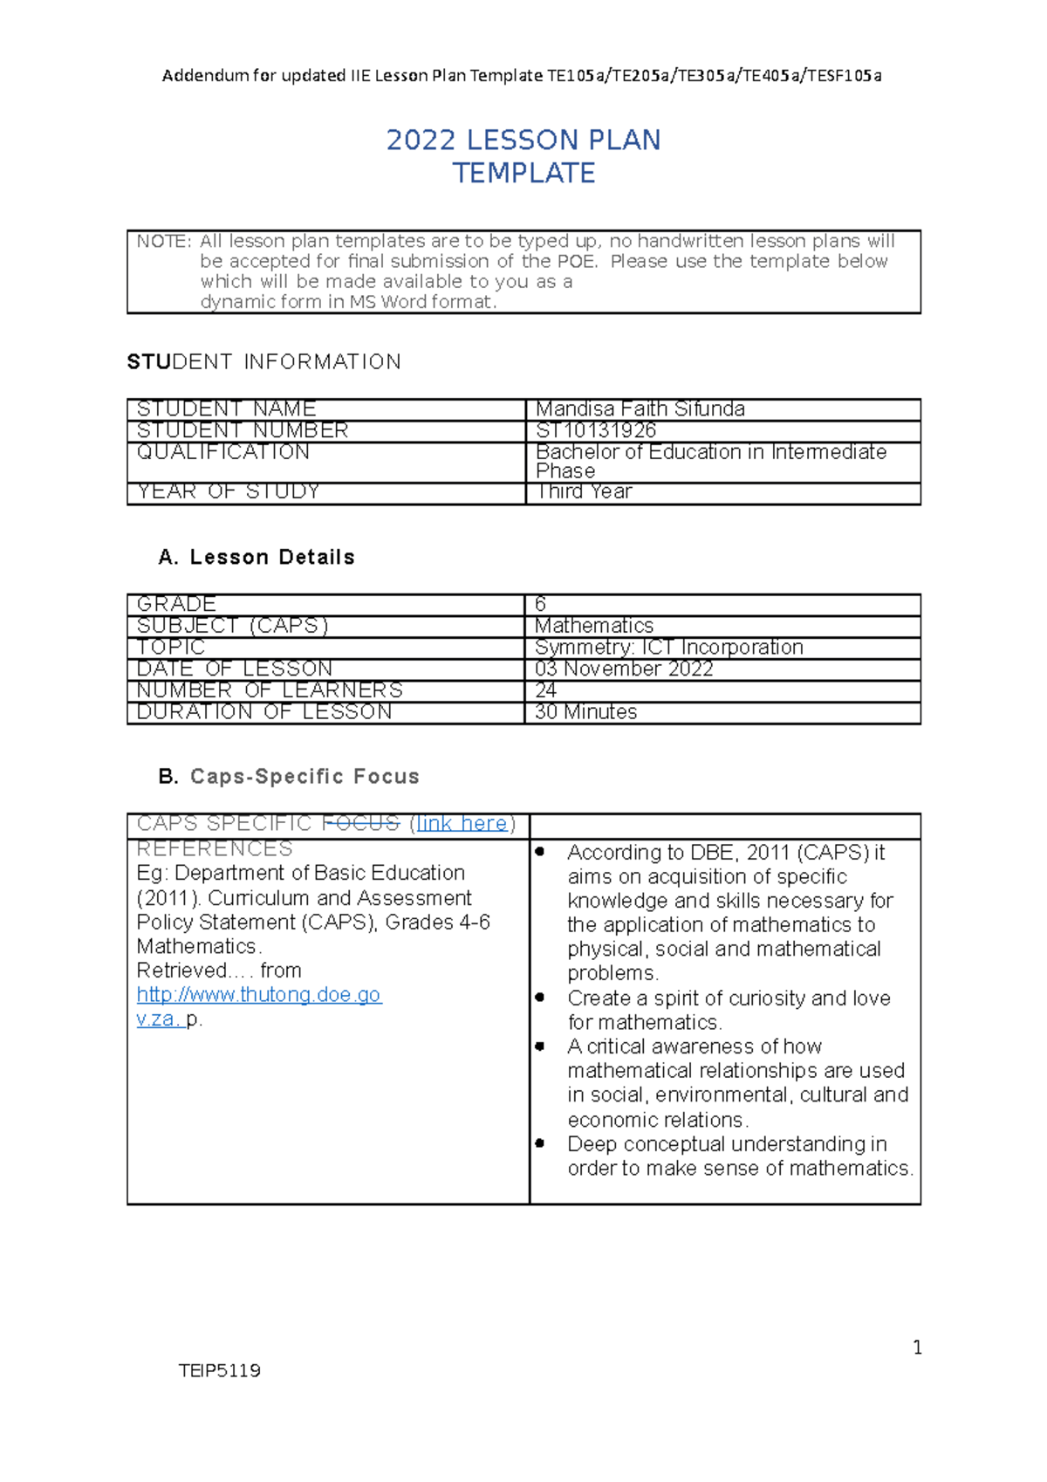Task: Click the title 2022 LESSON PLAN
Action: pos(523,141)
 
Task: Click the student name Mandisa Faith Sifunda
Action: pos(640,408)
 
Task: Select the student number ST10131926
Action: pos(596,430)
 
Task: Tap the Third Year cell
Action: pos(584,491)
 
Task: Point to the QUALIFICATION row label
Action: pos(223,452)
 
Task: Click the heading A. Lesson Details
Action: pos(257,558)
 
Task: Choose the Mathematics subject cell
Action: pos(593,626)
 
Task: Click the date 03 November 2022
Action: pos(624,669)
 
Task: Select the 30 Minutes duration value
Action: pos(585,712)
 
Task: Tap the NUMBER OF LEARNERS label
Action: pos(270,690)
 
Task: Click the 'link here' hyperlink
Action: pos(462,824)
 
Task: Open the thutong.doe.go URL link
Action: pos(258,995)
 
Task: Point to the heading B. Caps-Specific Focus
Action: pos(289,777)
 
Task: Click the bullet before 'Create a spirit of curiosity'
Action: pos(540,997)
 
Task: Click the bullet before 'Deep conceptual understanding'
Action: pos(540,1142)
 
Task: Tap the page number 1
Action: pos(917,1348)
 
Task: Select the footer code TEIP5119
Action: pos(219,1370)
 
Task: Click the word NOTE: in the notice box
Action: pos(163,242)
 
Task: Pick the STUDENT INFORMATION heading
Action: pos(263,362)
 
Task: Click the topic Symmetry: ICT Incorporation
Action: pos(668,648)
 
